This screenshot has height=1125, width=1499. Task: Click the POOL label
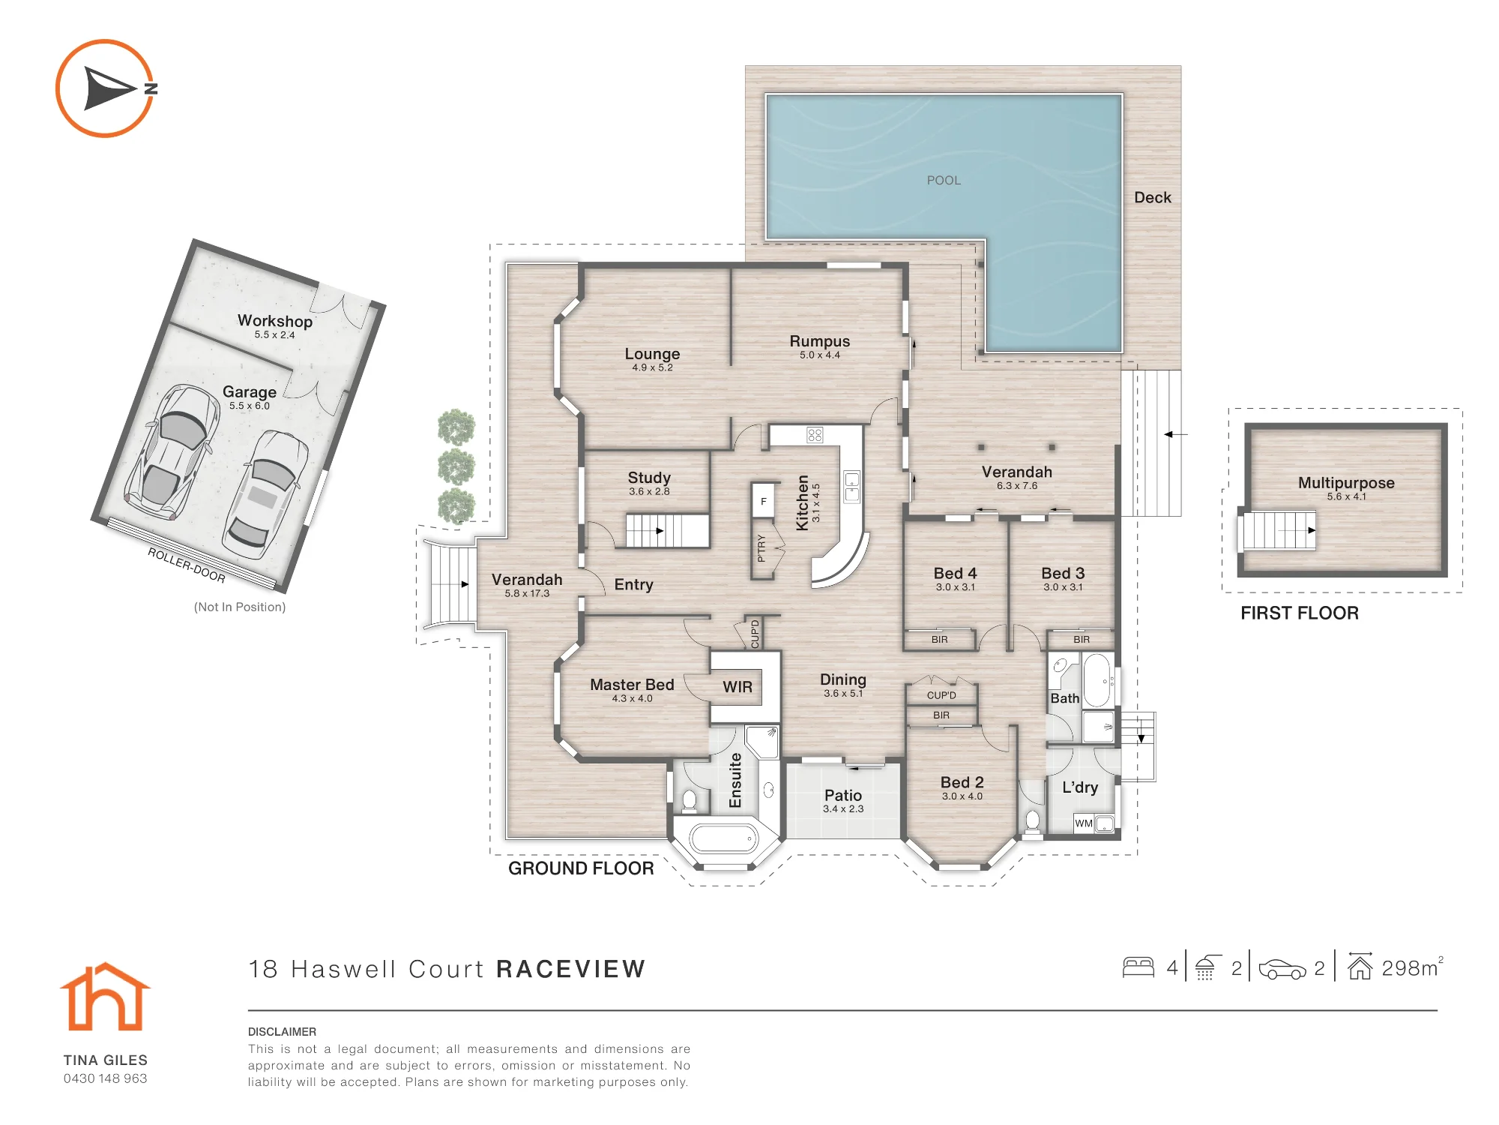(x=944, y=180)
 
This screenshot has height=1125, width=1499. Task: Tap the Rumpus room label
(x=820, y=341)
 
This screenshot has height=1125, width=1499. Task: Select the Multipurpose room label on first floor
(x=1346, y=483)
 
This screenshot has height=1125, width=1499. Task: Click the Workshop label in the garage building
(x=275, y=321)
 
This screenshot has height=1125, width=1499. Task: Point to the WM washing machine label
(x=1084, y=823)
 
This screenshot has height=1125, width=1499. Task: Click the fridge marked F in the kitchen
(x=764, y=501)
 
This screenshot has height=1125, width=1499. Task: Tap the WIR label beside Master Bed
(x=738, y=687)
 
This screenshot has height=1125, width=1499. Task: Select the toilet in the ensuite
(x=690, y=801)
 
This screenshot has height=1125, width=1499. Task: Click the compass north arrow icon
(x=106, y=88)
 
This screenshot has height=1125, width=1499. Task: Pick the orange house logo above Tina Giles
(x=105, y=997)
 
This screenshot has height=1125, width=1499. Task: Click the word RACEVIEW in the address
(x=570, y=969)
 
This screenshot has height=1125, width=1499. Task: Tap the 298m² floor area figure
(x=1412, y=967)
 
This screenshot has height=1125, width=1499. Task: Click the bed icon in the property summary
(x=1138, y=967)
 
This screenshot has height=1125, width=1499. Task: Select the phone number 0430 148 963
(x=106, y=1078)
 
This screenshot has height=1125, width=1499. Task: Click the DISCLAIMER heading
(x=282, y=1032)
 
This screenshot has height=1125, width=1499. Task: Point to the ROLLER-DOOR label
(x=187, y=565)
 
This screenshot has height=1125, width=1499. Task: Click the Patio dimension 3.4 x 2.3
(x=843, y=808)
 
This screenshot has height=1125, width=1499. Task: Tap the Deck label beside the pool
(x=1153, y=197)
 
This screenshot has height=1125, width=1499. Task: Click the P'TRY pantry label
(x=761, y=548)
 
